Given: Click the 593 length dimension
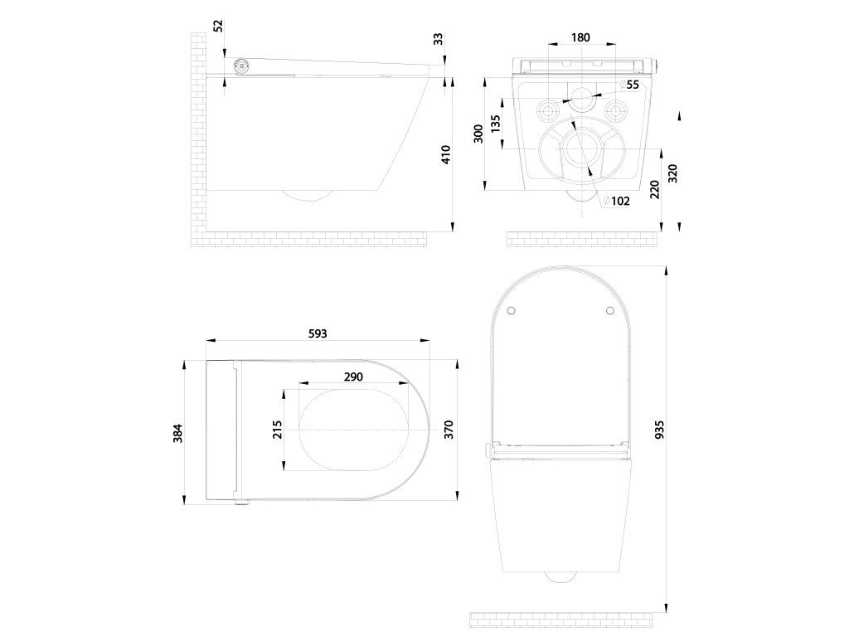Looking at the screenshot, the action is [x=318, y=333].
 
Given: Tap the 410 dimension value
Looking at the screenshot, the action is [x=445, y=154].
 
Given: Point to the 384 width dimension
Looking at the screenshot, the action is [x=177, y=432].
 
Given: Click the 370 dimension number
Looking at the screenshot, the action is [x=449, y=430].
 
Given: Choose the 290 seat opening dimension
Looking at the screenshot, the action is [x=353, y=377].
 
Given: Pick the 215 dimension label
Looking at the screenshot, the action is [x=278, y=429].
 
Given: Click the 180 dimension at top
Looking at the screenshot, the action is [x=582, y=37].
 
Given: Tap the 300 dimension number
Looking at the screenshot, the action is [x=478, y=134].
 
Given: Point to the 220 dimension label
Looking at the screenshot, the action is [x=655, y=190].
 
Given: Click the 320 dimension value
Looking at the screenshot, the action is [x=672, y=173].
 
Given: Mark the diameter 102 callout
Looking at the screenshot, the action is [x=617, y=201].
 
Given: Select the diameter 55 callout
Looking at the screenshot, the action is [x=630, y=85].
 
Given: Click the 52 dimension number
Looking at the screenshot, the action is [x=219, y=25].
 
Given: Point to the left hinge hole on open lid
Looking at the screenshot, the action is [x=512, y=310].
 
